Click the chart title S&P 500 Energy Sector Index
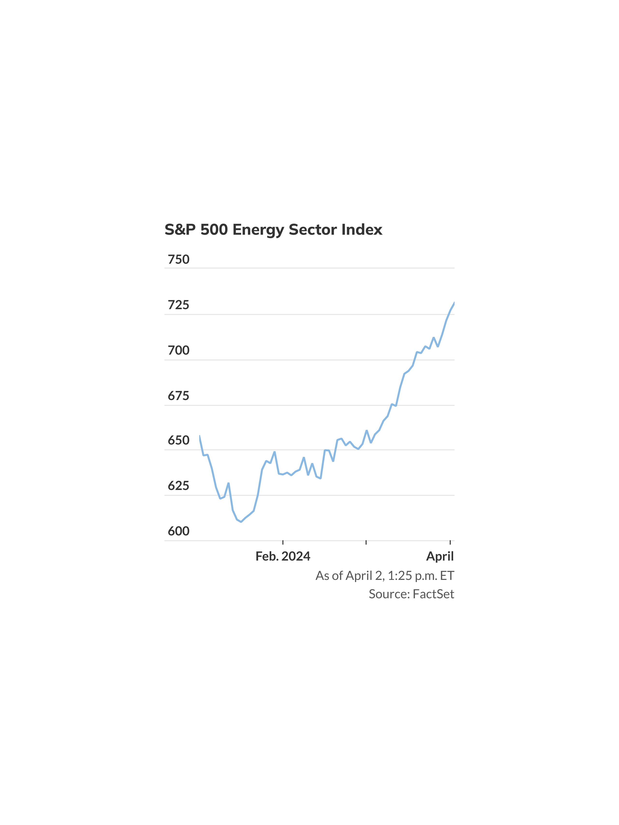click(273, 230)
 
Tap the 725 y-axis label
click(178, 305)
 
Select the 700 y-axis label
click(178, 350)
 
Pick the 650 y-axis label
click(178, 440)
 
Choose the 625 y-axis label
click(178, 486)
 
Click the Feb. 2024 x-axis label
click(283, 556)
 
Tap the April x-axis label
click(440, 556)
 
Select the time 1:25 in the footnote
click(400, 576)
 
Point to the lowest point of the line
click(241, 522)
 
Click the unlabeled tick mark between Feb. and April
click(366, 542)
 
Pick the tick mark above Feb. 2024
click(283, 542)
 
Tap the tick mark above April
click(450, 542)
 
